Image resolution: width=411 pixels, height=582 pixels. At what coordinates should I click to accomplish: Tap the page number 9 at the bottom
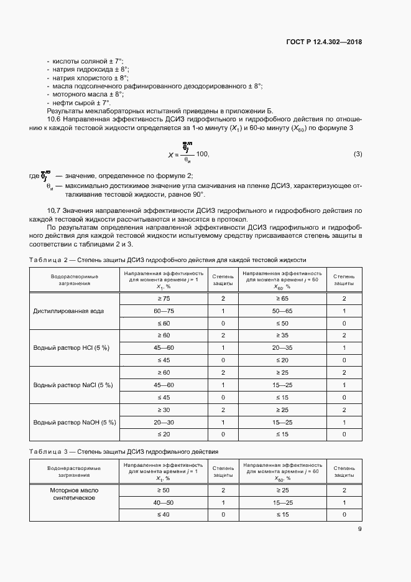(359, 529)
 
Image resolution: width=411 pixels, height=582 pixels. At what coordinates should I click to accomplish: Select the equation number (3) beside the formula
(358, 154)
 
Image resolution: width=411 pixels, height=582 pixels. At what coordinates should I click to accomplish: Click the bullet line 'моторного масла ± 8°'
(85, 94)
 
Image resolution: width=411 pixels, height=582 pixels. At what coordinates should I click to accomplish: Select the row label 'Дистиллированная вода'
(68, 311)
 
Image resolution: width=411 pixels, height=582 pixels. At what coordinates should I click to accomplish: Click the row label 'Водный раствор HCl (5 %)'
(71, 347)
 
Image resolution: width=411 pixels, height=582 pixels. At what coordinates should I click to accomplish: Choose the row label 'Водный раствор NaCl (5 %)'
(73, 385)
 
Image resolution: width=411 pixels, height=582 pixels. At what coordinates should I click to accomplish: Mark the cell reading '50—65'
(282, 311)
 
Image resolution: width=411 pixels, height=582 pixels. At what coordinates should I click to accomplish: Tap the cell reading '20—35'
(282, 347)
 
